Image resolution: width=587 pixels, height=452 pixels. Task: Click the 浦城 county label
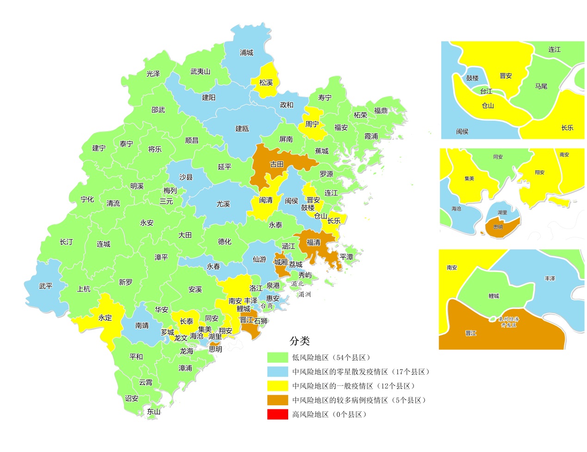(x=247, y=53)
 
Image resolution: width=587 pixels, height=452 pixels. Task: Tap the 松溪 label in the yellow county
(x=266, y=83)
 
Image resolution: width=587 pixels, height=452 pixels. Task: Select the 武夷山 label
(x=200, y=72)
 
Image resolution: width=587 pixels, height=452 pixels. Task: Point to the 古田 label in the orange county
(x=277, y=164)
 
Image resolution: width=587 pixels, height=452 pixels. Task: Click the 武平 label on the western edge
(x=46, y=286)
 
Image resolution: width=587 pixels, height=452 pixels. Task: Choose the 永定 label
(x=105, y=318)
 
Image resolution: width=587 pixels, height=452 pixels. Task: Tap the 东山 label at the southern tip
(x=154, y=411)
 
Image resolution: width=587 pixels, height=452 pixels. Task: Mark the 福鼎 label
(x=381, y=111)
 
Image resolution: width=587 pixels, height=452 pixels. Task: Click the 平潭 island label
(x=346, y=257)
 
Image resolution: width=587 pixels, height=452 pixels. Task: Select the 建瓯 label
(x=242, y=129)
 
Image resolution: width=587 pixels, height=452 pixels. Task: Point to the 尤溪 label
(x=223, y=204)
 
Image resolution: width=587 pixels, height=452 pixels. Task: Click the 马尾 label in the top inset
(x=541, y=87)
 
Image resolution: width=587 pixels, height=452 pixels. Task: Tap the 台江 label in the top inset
(x=486, y=92)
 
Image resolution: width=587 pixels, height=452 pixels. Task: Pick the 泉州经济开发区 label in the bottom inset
(x=509, y=322)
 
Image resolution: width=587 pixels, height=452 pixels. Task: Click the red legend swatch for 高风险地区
(x=278, y=415)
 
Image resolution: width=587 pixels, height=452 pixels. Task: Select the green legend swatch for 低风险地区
(x=278, y=358)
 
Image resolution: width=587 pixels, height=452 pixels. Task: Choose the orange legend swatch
(x=278, y=400)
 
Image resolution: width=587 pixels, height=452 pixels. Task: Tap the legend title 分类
(x=299, y=341)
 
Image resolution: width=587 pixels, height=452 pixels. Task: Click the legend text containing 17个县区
(x=361, y=372)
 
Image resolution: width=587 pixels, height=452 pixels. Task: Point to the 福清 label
(x=313, y=242)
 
